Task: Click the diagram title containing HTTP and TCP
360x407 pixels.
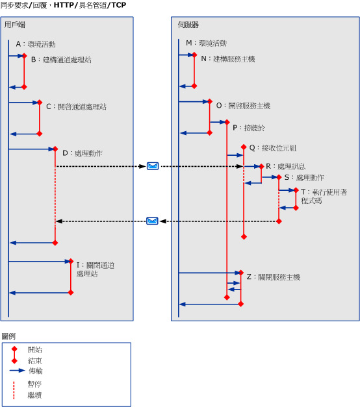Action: (64, 5)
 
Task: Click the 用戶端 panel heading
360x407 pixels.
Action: (15, 25)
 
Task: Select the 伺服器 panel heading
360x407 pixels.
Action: (188, 25)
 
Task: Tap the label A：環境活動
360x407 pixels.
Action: (36, 44)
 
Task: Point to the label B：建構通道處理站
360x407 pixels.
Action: (61, 60)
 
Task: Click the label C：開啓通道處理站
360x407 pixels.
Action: (76, 106)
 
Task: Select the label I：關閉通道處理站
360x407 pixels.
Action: (95, 269)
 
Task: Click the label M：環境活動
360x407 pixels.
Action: (206, 43)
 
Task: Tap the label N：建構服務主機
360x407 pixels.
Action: (227, 59)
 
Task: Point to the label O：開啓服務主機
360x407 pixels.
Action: (243, 105)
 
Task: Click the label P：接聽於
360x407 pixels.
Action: (248, 128)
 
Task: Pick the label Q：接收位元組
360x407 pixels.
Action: (272, 147)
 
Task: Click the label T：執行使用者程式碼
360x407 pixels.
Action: (324, 197)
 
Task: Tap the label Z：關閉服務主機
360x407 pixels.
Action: (273, 277)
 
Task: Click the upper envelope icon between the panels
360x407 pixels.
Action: (152, 166)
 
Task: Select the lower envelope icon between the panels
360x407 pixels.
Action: (152, 221)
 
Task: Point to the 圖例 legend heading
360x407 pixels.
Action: (8, 336)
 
